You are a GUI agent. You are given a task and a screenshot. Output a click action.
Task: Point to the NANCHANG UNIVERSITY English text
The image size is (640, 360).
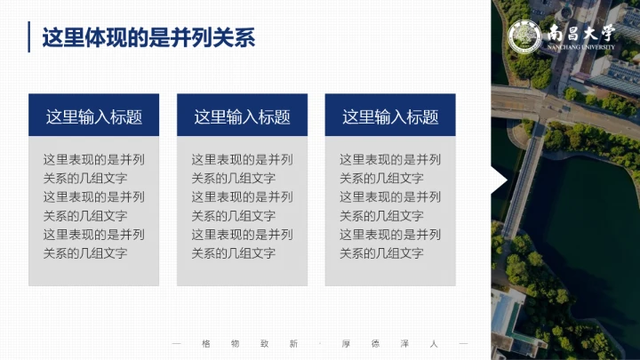click(581, 48)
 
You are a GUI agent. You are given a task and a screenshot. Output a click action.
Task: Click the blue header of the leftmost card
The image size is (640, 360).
click(94, 116)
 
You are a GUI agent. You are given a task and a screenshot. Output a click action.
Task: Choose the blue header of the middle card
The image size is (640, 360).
click(243, 116)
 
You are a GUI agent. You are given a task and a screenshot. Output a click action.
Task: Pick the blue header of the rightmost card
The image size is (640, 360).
click(390, 116)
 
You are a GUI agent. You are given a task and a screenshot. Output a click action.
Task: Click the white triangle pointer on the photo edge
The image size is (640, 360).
click(499, 181)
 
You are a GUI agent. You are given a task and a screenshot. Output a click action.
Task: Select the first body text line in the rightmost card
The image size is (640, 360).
click(390, 160)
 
